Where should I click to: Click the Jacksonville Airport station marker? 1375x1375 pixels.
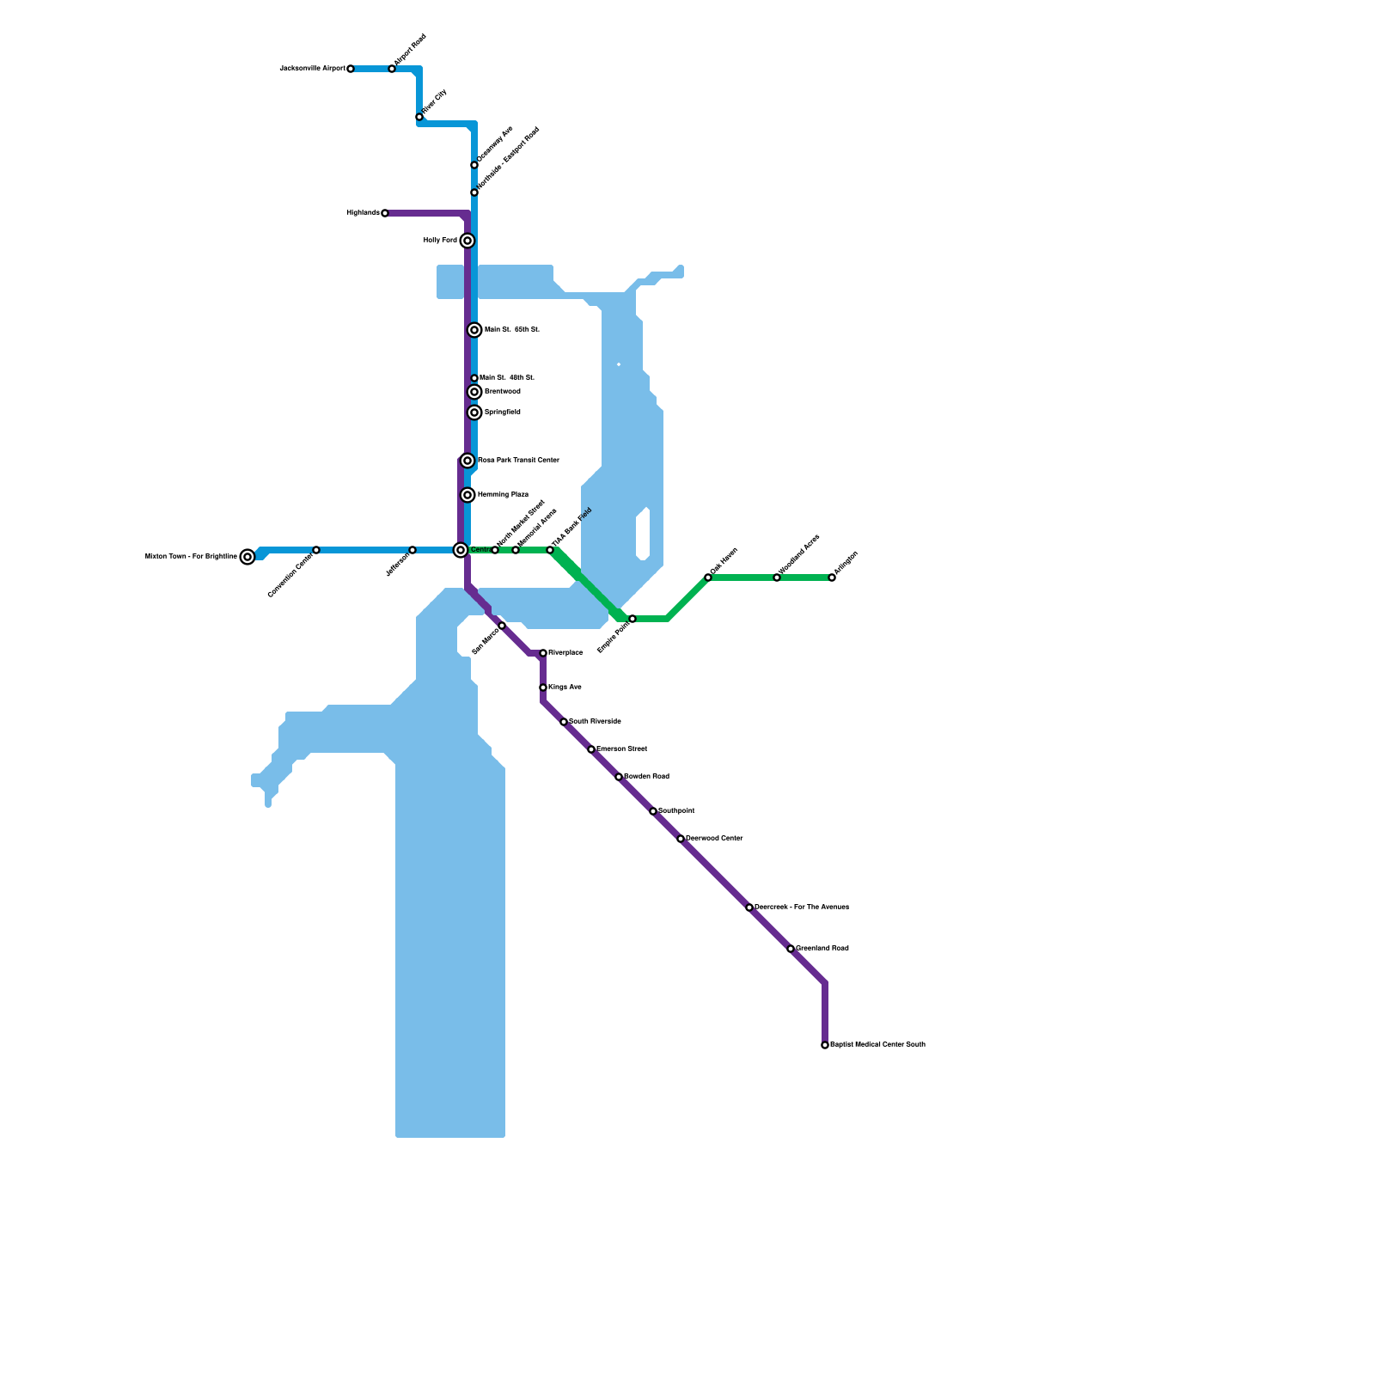coord(351,69)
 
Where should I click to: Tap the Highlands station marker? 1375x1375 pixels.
coord(385,213)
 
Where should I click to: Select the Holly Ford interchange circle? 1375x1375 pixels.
coord(467,241)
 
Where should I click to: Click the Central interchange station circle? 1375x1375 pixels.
coord(461,550)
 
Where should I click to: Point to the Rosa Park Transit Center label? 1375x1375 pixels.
coord(518,461)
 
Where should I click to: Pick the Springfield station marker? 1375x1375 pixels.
coord(474,412)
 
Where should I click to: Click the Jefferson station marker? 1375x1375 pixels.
coord(412,550)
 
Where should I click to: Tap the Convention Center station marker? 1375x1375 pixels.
coord(316,550)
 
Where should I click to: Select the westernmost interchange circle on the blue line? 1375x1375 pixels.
coord(247,557)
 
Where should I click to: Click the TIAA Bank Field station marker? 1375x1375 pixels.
coord(550,550)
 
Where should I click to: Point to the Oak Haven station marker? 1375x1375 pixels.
coord(708,577)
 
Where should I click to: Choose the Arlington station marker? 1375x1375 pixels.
coord(832,577)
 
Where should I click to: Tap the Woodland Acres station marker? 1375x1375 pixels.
coord(777,577)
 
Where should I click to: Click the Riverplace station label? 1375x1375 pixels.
coord(565,653)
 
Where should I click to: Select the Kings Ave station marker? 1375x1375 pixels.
coord(543,687)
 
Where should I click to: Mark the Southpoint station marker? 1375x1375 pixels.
coord(653,811)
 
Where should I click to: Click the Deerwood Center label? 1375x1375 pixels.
coord(714,839)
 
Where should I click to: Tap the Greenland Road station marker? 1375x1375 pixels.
coord(791,949)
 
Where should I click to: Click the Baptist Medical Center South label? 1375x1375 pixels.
coord(877,1045)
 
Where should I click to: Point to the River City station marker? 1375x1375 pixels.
coord(419,117)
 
